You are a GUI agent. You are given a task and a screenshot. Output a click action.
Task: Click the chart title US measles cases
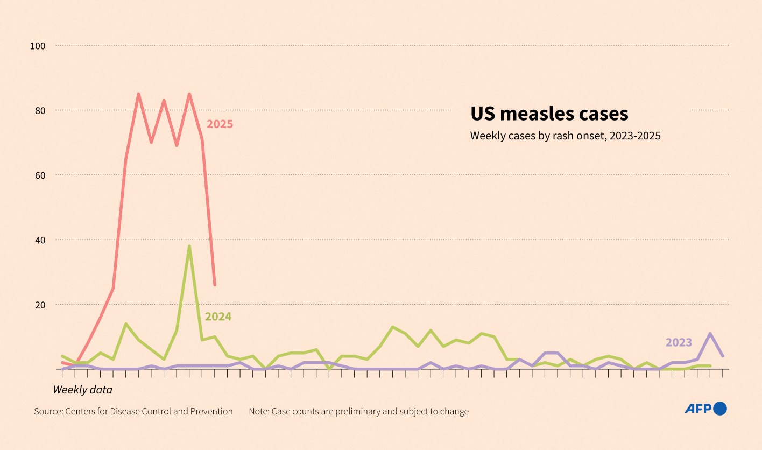point(549,114)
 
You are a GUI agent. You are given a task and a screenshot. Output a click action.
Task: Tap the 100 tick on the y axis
point(38,46)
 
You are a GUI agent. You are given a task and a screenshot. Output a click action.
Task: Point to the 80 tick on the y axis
point(39,110)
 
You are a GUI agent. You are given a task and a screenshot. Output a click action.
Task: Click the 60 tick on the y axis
point(39,175)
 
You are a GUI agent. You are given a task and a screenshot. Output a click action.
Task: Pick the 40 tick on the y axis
point(39,240)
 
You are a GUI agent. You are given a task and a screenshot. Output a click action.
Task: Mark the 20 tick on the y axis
point(39,304)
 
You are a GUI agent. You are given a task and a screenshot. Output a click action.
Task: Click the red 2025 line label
point(220,124)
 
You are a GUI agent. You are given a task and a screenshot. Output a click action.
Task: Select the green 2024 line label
point(218,317)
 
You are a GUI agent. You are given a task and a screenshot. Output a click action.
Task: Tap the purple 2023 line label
point(679,342)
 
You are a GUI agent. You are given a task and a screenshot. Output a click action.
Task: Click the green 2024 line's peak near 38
point(189,247)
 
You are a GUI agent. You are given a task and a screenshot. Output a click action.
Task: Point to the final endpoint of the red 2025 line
point(215,285)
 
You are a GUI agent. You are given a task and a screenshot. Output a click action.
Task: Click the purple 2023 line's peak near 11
point(710,334)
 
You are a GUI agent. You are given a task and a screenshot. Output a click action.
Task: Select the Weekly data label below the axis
point(82,389)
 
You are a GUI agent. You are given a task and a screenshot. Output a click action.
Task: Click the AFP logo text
point(698,409)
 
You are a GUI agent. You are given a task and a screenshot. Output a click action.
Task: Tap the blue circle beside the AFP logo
point(720,409)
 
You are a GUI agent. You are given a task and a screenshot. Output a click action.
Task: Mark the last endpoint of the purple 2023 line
point(723,356)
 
